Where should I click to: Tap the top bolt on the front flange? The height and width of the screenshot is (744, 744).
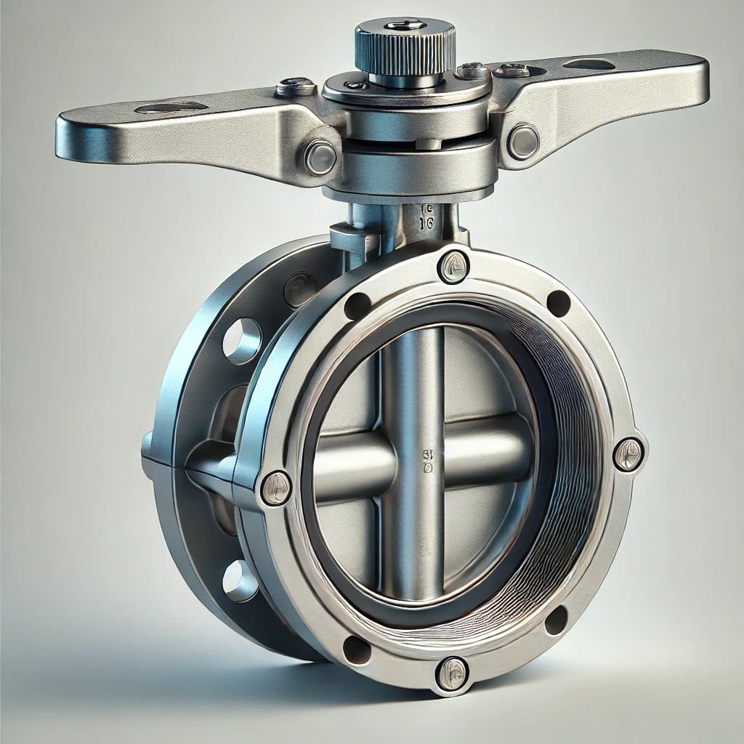(x=453, y=266)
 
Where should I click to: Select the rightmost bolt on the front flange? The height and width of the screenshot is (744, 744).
(x=628, y=454)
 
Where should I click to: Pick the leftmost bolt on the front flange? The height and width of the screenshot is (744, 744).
(x=276, y=487)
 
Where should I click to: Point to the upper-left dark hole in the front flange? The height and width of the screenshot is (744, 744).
(x=357, y=306)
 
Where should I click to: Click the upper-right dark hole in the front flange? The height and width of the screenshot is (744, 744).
(x=558, y=303)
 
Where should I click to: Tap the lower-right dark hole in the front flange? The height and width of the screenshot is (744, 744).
(x=556, y=619)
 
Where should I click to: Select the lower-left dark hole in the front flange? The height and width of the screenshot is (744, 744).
(x=357, y=649)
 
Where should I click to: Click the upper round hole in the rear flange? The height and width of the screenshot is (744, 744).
(x=242, y=340)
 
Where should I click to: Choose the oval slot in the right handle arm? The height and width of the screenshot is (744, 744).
(x=589, y=65)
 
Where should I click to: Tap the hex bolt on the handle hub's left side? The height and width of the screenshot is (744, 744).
(x=320, y=156)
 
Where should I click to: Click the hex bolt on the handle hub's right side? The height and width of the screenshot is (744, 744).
(x=523, y=141)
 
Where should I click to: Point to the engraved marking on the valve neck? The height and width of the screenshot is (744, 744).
(x=426, y=217)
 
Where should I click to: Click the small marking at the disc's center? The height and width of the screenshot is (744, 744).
(x=427, y=458)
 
